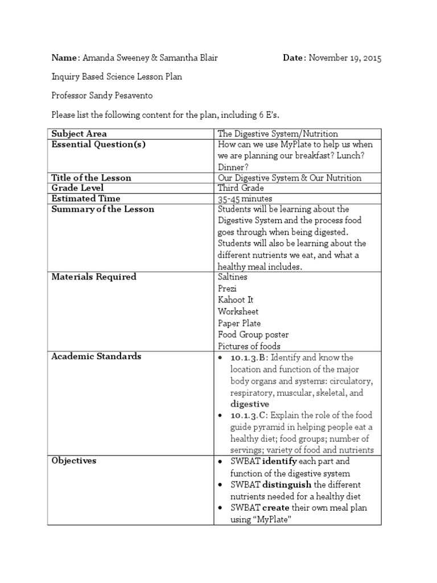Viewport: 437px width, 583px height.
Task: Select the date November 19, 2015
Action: click(345, 58)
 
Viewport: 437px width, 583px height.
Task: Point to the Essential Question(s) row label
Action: click(98, 145)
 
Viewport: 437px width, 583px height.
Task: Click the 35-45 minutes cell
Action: click(245, 199)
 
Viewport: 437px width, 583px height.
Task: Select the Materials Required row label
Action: click(94, 277)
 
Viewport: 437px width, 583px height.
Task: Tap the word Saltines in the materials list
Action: click(233, 277)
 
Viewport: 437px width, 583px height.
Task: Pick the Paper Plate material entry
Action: click(239, 323)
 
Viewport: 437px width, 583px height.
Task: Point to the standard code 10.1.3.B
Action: click(249, 358)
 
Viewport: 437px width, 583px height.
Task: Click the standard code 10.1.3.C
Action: click(249, 415)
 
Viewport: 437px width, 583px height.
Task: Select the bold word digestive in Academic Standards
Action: click(250, 404)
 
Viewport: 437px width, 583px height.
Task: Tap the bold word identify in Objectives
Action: click(279, 461)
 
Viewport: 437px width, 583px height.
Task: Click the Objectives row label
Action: click(74, 461)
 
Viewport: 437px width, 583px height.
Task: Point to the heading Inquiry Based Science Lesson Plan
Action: click(117, 77)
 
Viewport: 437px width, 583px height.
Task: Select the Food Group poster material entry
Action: click(253, 335)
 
